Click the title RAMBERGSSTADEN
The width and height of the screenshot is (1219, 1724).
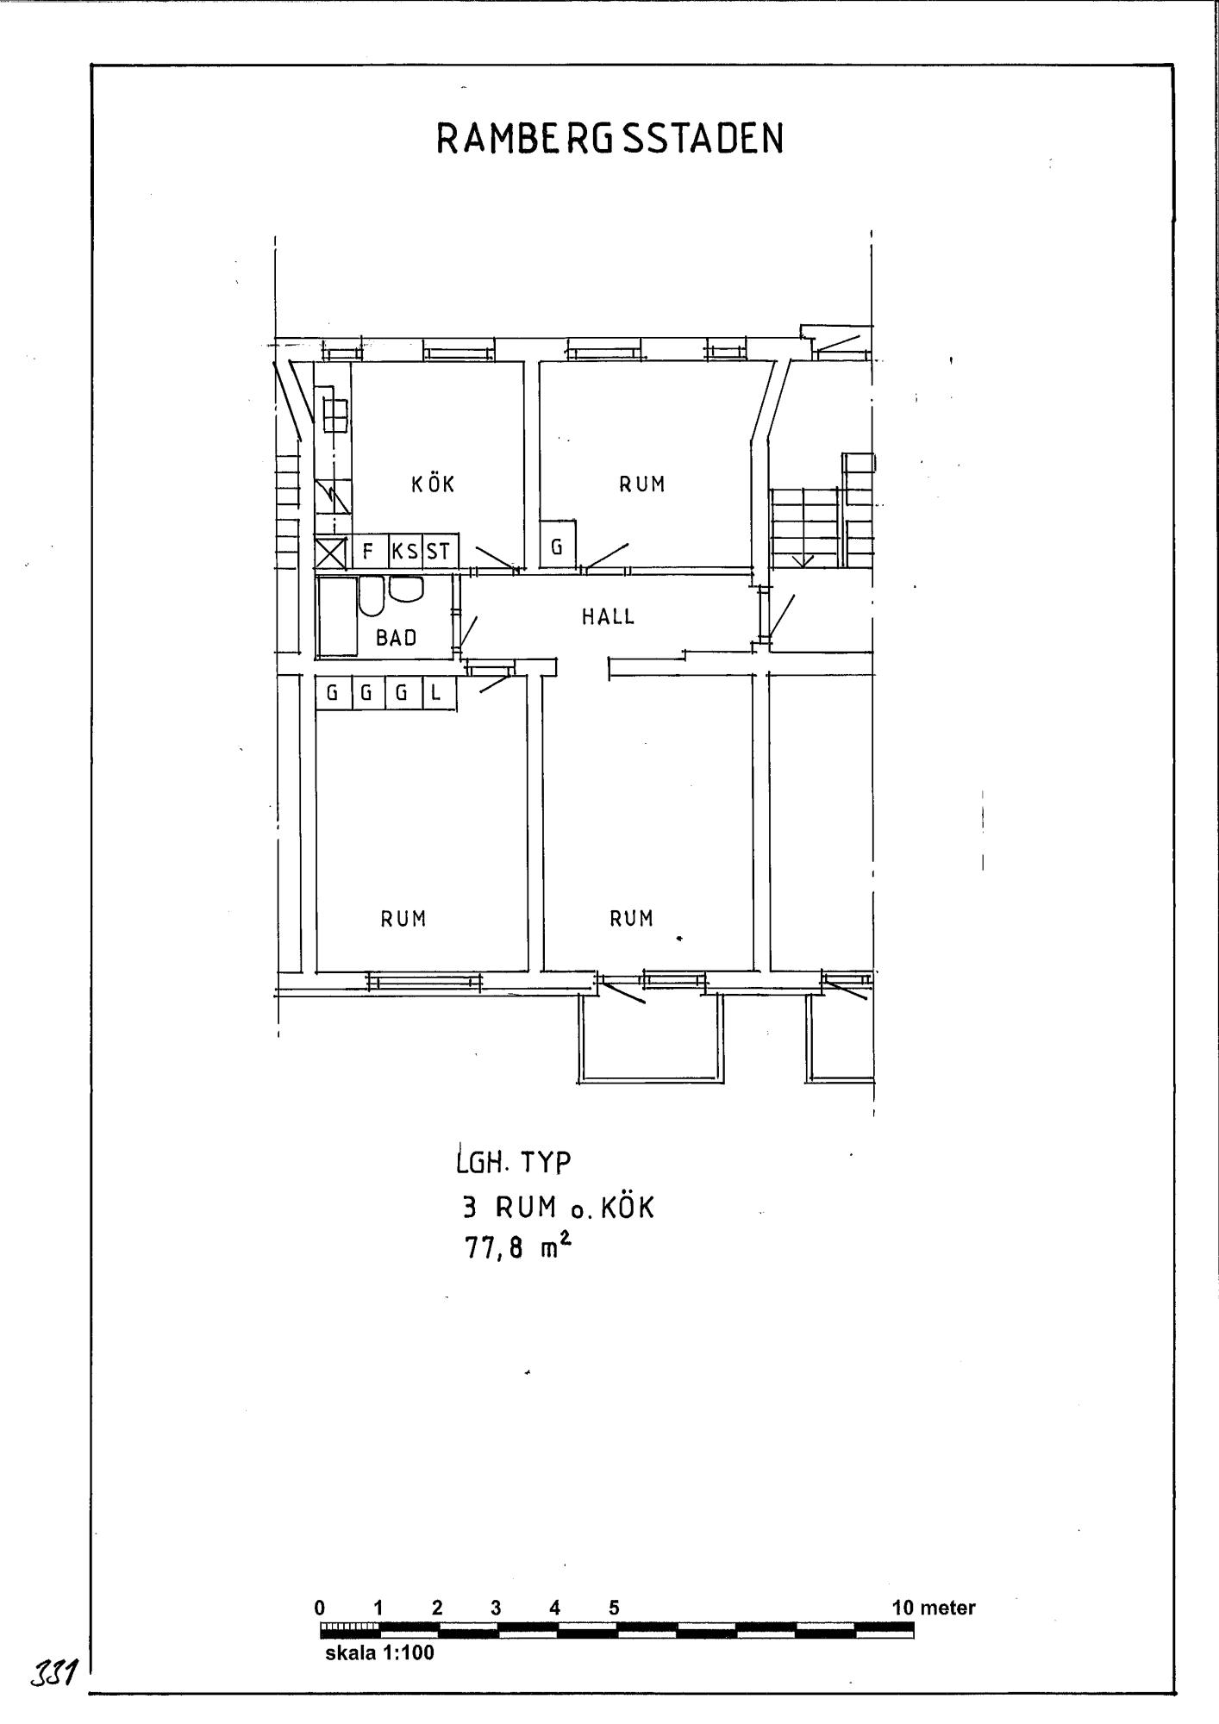pos(610,138)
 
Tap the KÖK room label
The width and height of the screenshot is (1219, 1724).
pos(433,484)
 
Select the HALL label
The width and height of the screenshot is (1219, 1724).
pos(608,616)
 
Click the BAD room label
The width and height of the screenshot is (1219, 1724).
pos(397,638)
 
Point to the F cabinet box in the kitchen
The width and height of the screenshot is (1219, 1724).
pos(370,551)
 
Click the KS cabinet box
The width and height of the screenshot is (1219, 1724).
pos(406,551)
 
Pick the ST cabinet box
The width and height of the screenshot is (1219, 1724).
pos(441,551)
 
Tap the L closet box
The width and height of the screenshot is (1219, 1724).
pos(438,692)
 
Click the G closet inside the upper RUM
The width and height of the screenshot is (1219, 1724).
pos(558,545)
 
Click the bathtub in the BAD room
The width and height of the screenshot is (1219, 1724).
pos(338,616)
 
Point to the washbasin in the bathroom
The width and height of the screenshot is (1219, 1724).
pos(407,589)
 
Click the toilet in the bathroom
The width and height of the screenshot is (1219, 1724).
pos(372,596)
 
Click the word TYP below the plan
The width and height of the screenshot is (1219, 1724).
pos(544,1164)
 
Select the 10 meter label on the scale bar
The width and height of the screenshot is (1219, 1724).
pos(934,1608)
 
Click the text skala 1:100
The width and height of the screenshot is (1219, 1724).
pos(379,1653)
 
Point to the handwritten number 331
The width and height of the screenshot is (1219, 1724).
pos(54,1675)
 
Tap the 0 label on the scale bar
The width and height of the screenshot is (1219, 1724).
pos(320,1608)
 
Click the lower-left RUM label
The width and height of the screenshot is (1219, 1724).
pos(403,919)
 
